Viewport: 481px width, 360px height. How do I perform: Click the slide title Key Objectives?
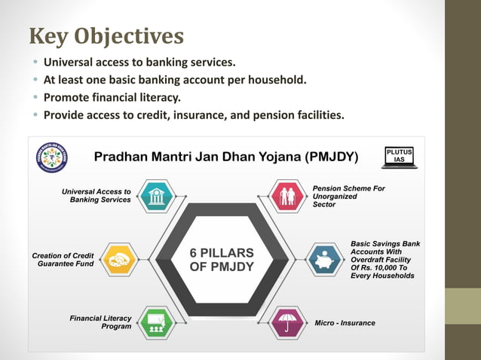click(106, 36)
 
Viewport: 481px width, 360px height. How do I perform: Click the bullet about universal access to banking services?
click(139, 62)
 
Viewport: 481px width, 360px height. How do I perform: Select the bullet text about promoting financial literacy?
click(112, 97)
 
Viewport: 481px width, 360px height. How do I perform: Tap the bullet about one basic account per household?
click(175, 80)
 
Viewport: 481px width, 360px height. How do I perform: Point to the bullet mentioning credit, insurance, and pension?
click(194, 115)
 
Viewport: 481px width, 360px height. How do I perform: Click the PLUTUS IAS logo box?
click(399, 156)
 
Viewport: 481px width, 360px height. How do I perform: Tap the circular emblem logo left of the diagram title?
click(52, 157)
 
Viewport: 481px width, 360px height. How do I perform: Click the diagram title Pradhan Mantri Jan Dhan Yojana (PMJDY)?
click(226, 157)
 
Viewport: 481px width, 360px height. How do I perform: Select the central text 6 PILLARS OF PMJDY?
click(222, 260)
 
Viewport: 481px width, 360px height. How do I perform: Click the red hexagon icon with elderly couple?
click(288, 196)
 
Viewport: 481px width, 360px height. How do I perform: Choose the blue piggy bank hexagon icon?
click(325, 260)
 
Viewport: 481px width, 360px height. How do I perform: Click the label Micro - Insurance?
click(345, 323)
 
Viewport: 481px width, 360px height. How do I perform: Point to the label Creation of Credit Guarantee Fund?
click(63, 261)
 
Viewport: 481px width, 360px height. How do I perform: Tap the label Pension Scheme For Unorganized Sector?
click(348, 196)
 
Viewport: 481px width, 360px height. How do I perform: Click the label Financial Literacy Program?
click(100, 322)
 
